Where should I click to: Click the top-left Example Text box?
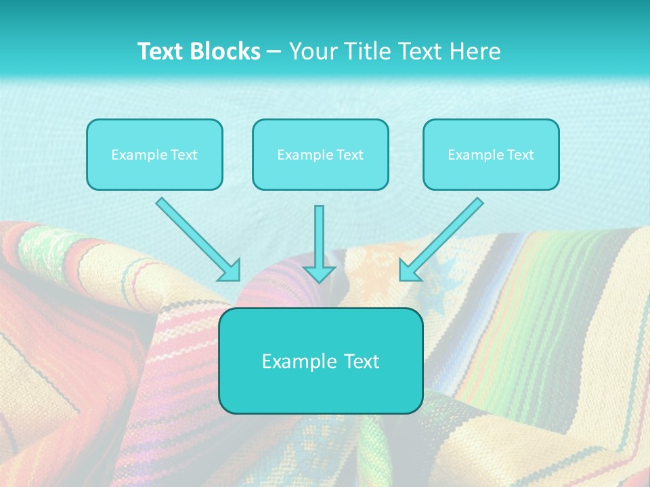(x=154, y=154)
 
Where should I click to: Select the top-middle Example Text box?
(x=320, y=154)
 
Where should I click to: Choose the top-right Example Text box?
(x=491, y=154)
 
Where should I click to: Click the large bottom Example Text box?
(x=320, y=361)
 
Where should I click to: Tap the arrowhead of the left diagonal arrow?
(x=230, y=271)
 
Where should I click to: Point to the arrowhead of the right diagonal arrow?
(x=409, y=271)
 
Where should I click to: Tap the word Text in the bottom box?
(x=361, y=361)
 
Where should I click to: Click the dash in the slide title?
(x=274, y=52)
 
